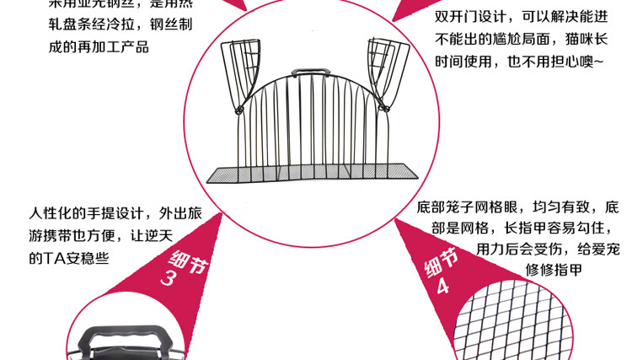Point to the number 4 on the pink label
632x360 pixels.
[442, 287]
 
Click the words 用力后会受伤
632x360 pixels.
[515, 249]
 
